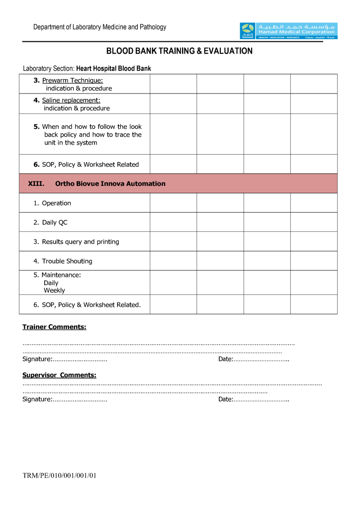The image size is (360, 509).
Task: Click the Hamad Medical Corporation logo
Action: tap(288, 31)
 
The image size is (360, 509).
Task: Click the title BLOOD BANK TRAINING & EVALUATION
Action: tap(180, 51)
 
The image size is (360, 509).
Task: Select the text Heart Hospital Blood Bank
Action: tap(113, 69)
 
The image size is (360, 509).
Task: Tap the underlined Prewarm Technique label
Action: tap(72, 81)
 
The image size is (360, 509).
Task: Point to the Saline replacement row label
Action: tap(71, 100)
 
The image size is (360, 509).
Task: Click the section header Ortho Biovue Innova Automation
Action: tap(110, 184)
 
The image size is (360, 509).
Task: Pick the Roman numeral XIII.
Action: tap(36, 184)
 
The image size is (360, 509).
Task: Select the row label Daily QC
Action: tap(50, 223)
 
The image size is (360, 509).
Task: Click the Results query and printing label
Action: tap(76, 242)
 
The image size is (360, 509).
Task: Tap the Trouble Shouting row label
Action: tap(63, 261)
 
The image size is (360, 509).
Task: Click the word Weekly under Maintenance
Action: tap(54, 291)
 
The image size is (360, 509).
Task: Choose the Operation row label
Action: tap(52, 203)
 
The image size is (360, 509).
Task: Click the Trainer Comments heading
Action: tap(54, 327)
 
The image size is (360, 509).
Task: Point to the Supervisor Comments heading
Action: tap(59, 375)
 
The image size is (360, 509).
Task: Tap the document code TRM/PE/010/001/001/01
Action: tap(59, 476)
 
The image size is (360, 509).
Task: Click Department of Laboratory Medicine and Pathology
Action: tap(99, 27)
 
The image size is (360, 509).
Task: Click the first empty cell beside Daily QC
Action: tap(173, 222)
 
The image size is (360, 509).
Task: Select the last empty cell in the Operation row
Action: tap(314, 203)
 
